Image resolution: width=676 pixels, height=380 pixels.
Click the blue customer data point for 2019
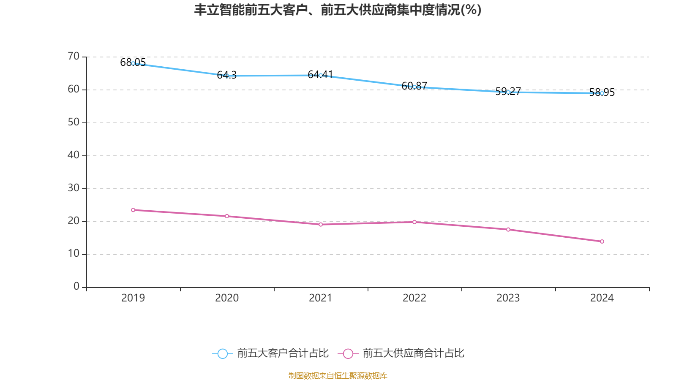point(133,63)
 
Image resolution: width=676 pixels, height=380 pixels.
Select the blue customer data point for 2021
point(321,75)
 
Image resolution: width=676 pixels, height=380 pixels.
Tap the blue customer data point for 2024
point(602,93)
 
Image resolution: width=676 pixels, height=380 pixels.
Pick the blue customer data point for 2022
point(414,87)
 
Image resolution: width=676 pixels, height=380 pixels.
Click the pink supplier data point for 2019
point(133,210)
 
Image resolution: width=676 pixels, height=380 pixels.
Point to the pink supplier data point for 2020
point(227,216)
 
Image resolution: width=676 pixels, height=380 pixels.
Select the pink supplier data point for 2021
point(321,225)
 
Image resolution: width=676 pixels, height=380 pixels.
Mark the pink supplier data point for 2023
point(508,230)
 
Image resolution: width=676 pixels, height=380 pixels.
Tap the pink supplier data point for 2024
point(602,242)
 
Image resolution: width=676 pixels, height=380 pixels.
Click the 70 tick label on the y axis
point(74,56)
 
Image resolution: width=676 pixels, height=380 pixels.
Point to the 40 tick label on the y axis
point(74,155)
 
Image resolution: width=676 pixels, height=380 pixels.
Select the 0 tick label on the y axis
point(76,287)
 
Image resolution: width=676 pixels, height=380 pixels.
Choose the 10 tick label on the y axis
point(74,254)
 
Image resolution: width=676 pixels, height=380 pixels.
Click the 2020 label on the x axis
point(227,298)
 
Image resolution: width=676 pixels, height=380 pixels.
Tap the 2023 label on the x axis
point(508,298)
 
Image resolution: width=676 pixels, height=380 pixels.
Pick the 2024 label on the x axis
point(602,298)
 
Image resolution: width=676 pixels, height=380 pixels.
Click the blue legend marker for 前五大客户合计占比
point(223,353)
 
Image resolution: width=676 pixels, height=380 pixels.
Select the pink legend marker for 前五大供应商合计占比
point(348,353)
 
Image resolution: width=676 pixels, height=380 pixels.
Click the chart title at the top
point(338,10)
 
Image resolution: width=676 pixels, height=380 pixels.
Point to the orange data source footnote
point(338,375)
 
